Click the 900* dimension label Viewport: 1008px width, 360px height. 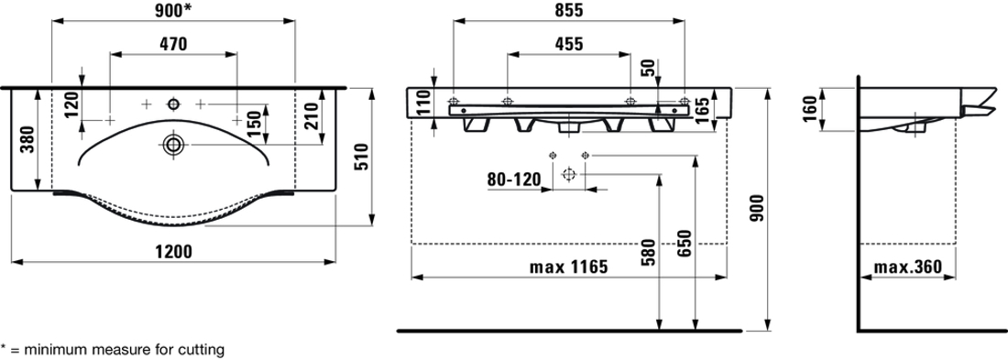point(173,10)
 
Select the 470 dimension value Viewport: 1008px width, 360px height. point(173,44)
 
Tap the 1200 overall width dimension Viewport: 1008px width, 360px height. point(174,251)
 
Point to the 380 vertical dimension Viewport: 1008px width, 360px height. point(27,139)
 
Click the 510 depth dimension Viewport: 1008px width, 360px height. point(361,157)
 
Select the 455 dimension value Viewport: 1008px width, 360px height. point(568,44)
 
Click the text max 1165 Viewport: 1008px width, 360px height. point(568,267)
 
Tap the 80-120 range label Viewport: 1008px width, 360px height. point(514,180)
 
